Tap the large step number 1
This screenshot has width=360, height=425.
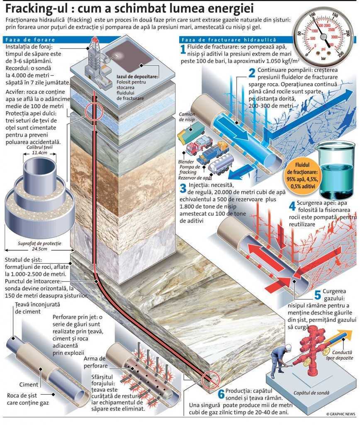coord(183,49)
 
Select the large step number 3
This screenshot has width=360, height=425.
coord(183,188)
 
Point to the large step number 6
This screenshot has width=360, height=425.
coord(221,394)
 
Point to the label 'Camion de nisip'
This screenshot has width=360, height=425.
coord(187,117)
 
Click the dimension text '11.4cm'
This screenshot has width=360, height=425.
coord(39,153)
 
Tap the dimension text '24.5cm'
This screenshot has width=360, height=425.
coord(39,249)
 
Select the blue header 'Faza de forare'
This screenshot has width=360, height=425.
coord(30,39)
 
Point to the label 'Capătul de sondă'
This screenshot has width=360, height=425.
coord(311,393)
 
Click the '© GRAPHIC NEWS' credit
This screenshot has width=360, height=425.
coord(341,414)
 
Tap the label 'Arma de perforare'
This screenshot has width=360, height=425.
coord(95,362)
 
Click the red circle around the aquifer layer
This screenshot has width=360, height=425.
coord(94,112)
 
